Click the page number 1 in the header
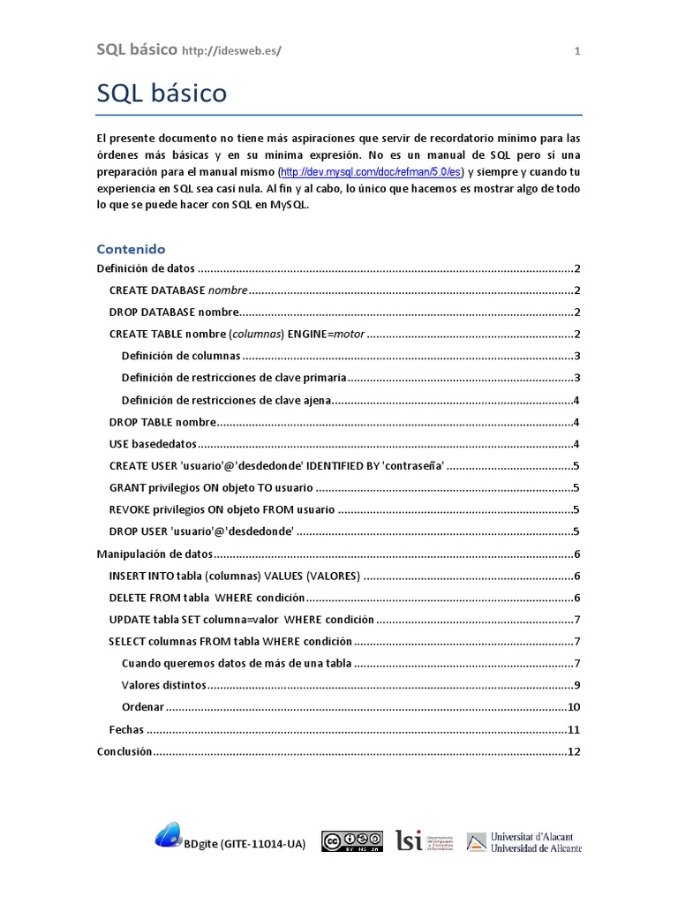pyautogui.click(x=577, y=51)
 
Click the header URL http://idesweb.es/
pyautogui.click(x=231, y=51)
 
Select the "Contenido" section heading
pyautogui.click(x=131, y=249)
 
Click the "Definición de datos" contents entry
pyautogui.click(x=145, y=268)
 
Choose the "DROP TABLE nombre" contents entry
pyautogui.click(x=162, y=422)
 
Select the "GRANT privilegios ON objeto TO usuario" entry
pyautogui.click(x=211, y=487)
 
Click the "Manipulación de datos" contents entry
pyautogui.click(x=154, y=554)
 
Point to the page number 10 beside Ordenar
pyautogui.click(x=573, y=707)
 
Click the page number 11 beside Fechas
pyautogui.click(x=573, y=730)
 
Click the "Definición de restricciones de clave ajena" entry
pyautogui.click(x=227, y=400)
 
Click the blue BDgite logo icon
pyautogui.click(x=168, y=834)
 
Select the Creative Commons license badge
pyautogui.click(x=351, y=841)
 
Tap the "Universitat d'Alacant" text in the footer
pyautogui.click(x=536, y=835)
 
